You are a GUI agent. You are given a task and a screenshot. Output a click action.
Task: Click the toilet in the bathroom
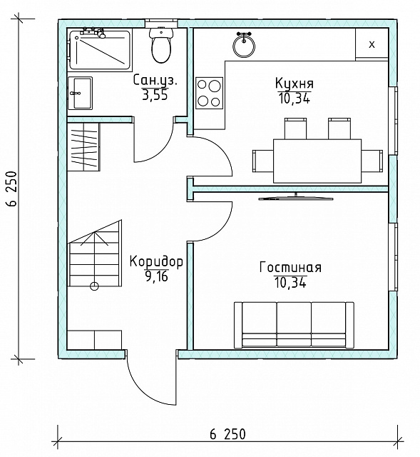tap(161, 44)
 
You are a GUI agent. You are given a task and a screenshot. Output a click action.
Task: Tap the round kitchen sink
tap(244, 45)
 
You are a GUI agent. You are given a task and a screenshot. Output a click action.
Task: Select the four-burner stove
tap(209, 93)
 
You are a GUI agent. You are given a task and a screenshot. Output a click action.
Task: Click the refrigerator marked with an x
tap(372, 44)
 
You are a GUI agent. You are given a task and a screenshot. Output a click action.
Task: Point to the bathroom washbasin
tap(80, 93)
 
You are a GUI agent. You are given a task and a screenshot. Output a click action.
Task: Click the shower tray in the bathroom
tap(99, 49)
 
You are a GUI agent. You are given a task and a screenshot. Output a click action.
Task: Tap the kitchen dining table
tap(317, 161)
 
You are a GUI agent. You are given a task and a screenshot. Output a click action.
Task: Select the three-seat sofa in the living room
tap(294, 325)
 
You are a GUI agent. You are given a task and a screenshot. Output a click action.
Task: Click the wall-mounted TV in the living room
tap(296, 199)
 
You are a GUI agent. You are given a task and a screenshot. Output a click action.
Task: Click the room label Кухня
tap(294, 84)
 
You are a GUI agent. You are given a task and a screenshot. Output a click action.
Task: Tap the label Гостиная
tap(290, 267)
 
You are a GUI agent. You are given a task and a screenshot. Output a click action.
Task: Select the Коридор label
tap(156, 261)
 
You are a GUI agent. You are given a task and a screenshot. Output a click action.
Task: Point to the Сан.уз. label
tap(155, 81)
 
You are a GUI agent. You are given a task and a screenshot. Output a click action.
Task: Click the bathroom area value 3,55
tap(155, 95)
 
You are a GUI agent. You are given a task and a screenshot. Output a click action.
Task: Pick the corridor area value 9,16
tap(156, 276)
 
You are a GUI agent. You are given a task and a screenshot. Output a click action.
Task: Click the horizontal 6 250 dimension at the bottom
tap(227, 434)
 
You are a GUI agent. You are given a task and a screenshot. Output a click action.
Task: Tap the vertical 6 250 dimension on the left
tap(12, 189)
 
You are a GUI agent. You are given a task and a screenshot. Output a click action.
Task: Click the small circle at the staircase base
tap(94, 286)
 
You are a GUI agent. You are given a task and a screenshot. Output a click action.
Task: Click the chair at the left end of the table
tap(263, 161)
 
